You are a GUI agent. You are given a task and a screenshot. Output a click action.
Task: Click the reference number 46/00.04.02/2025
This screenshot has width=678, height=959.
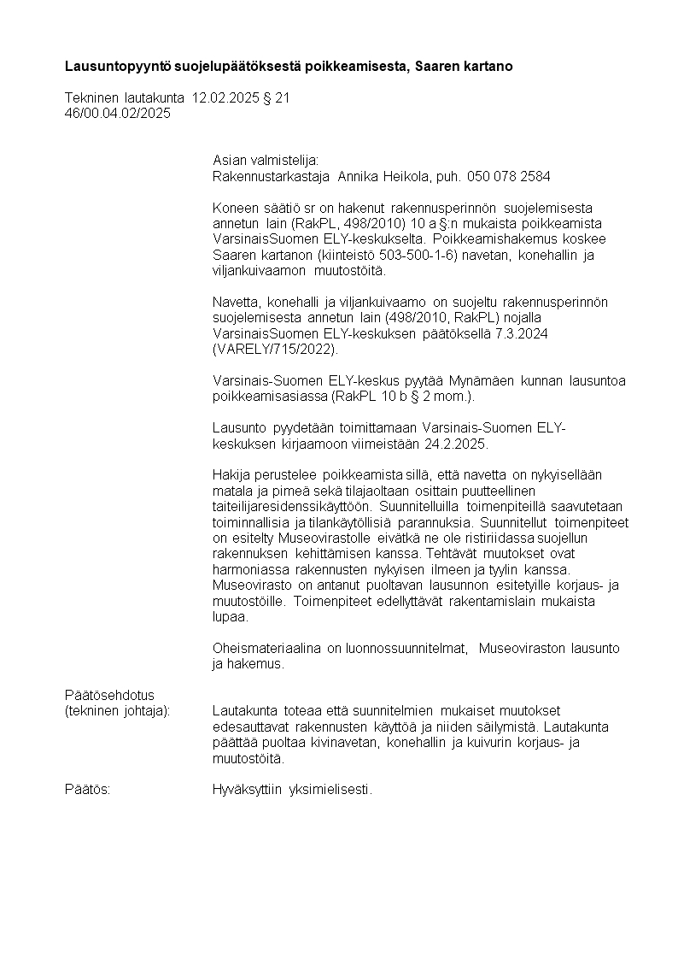point(118,113)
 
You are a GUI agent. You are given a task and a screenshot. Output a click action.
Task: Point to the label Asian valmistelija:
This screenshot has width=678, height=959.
point(265,161)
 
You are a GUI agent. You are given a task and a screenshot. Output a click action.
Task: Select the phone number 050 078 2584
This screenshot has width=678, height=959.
point(509,176)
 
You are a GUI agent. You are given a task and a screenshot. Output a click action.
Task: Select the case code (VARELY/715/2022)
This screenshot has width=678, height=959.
point(275,349)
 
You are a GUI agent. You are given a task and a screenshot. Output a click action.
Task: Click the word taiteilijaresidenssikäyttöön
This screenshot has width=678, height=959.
point(291,506)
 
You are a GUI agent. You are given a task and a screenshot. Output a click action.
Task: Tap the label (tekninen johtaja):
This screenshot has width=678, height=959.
point(118,711)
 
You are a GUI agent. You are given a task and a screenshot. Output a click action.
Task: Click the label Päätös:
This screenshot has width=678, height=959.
point(88,789)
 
